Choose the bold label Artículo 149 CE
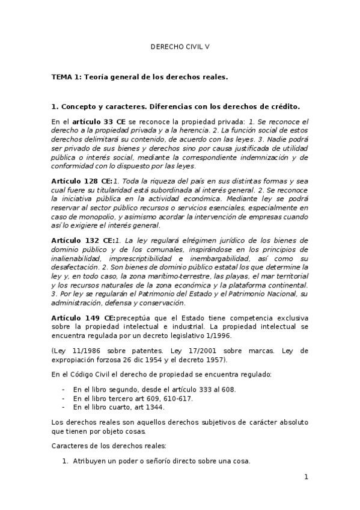click(83, 316)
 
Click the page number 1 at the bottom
click(306, 477)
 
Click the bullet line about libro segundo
click(154, 389)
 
